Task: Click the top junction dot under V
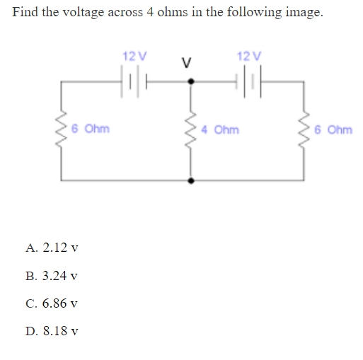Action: (x=189, y=81)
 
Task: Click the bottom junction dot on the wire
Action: (x=189, y=180)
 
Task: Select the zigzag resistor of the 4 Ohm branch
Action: (x=189, y=131)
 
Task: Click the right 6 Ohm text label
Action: (x=335, y=130)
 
